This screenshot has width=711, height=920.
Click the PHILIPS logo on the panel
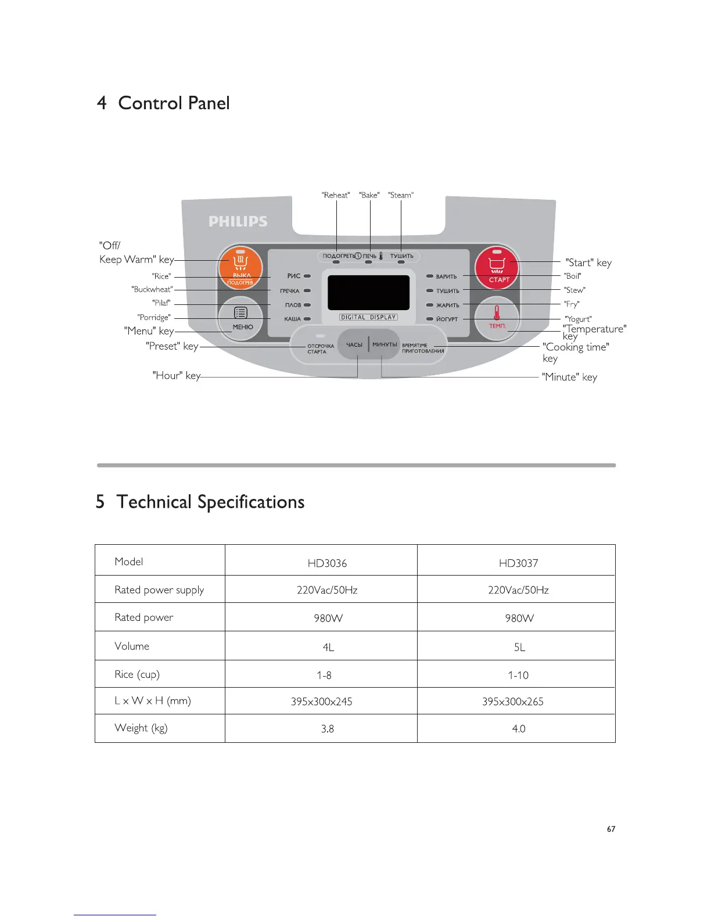[238, 221]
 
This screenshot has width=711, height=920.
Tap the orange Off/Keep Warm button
[240, 268]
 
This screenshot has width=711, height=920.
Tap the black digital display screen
[368, 292]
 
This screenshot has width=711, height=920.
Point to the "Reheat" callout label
[336, 195]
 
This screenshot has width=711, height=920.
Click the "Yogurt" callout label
[579, 319]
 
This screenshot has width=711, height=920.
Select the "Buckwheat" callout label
[152, 289]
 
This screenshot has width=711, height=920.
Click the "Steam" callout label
[401, 195]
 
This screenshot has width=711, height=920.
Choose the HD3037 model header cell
[518, 563]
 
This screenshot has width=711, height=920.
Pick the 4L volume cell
[328, 647]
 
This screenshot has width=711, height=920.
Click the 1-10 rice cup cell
[518, 675]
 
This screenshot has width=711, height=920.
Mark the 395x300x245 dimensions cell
[321, 702]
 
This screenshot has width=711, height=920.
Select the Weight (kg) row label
[141, 728]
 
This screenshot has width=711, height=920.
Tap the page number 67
[611, 829]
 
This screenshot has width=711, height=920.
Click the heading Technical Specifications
[210, 502]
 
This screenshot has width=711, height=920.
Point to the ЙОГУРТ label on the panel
[447, 319]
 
